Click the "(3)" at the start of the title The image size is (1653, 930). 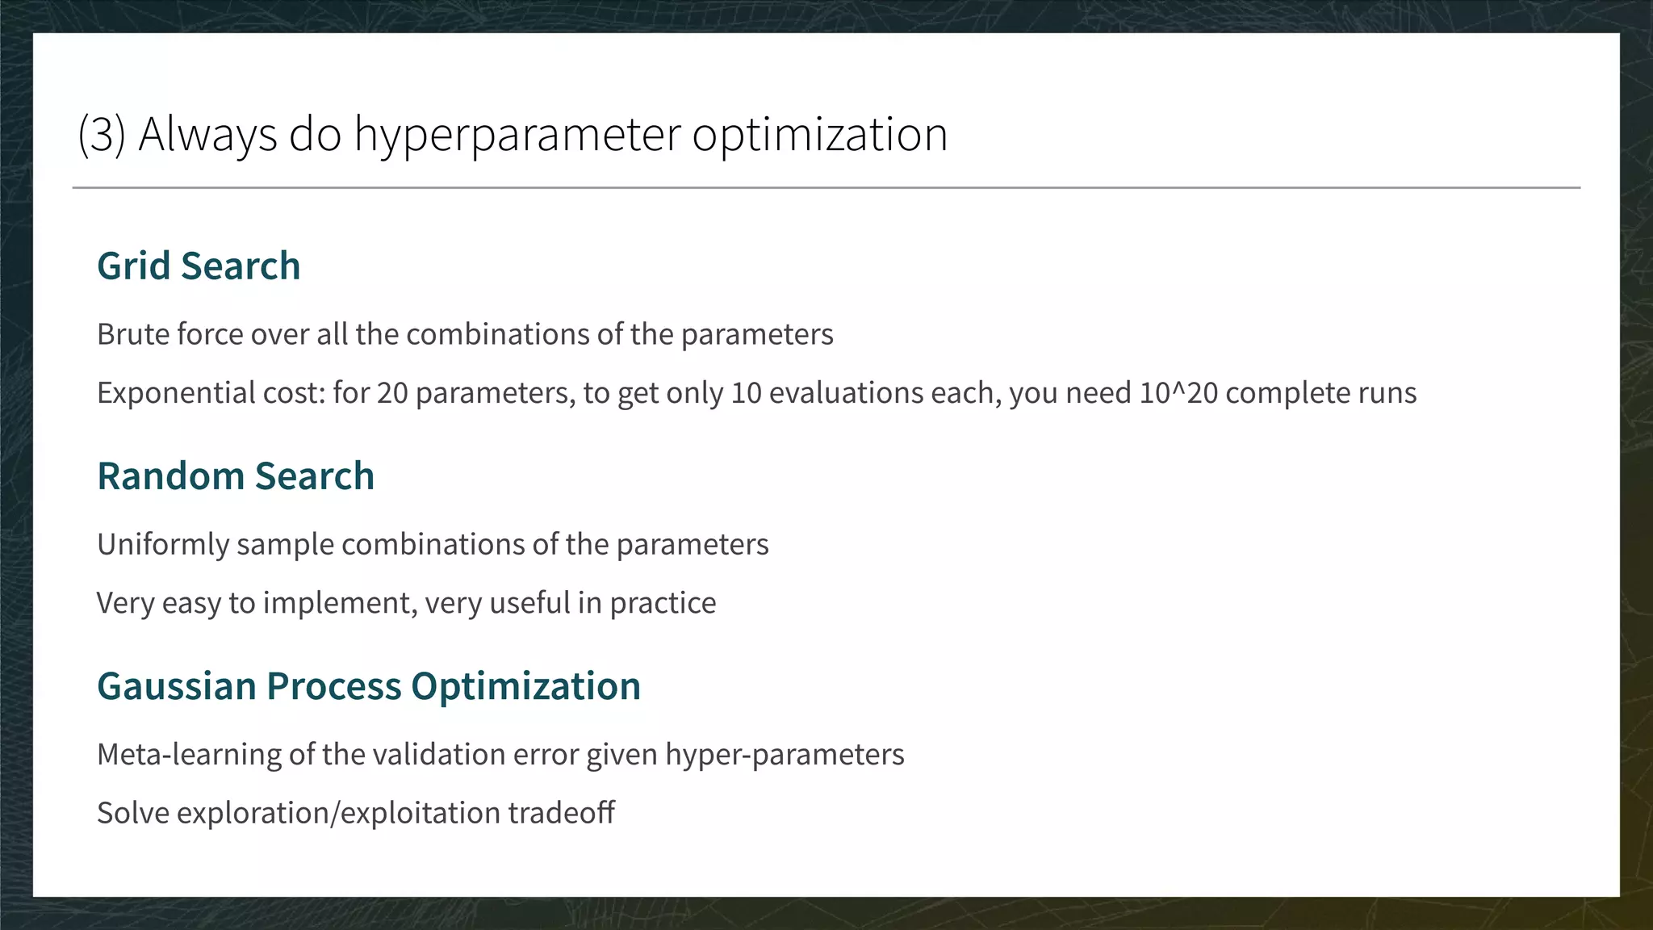click(x=102, y=134)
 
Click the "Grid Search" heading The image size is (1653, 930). click(x=199, y=266)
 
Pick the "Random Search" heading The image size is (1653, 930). click(x=236, y=475)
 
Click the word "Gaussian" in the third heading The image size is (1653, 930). click(x=176, y=686)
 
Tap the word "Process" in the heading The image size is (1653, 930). click(x=333, y=686)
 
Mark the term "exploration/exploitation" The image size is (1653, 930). click(x=338, y=813)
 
